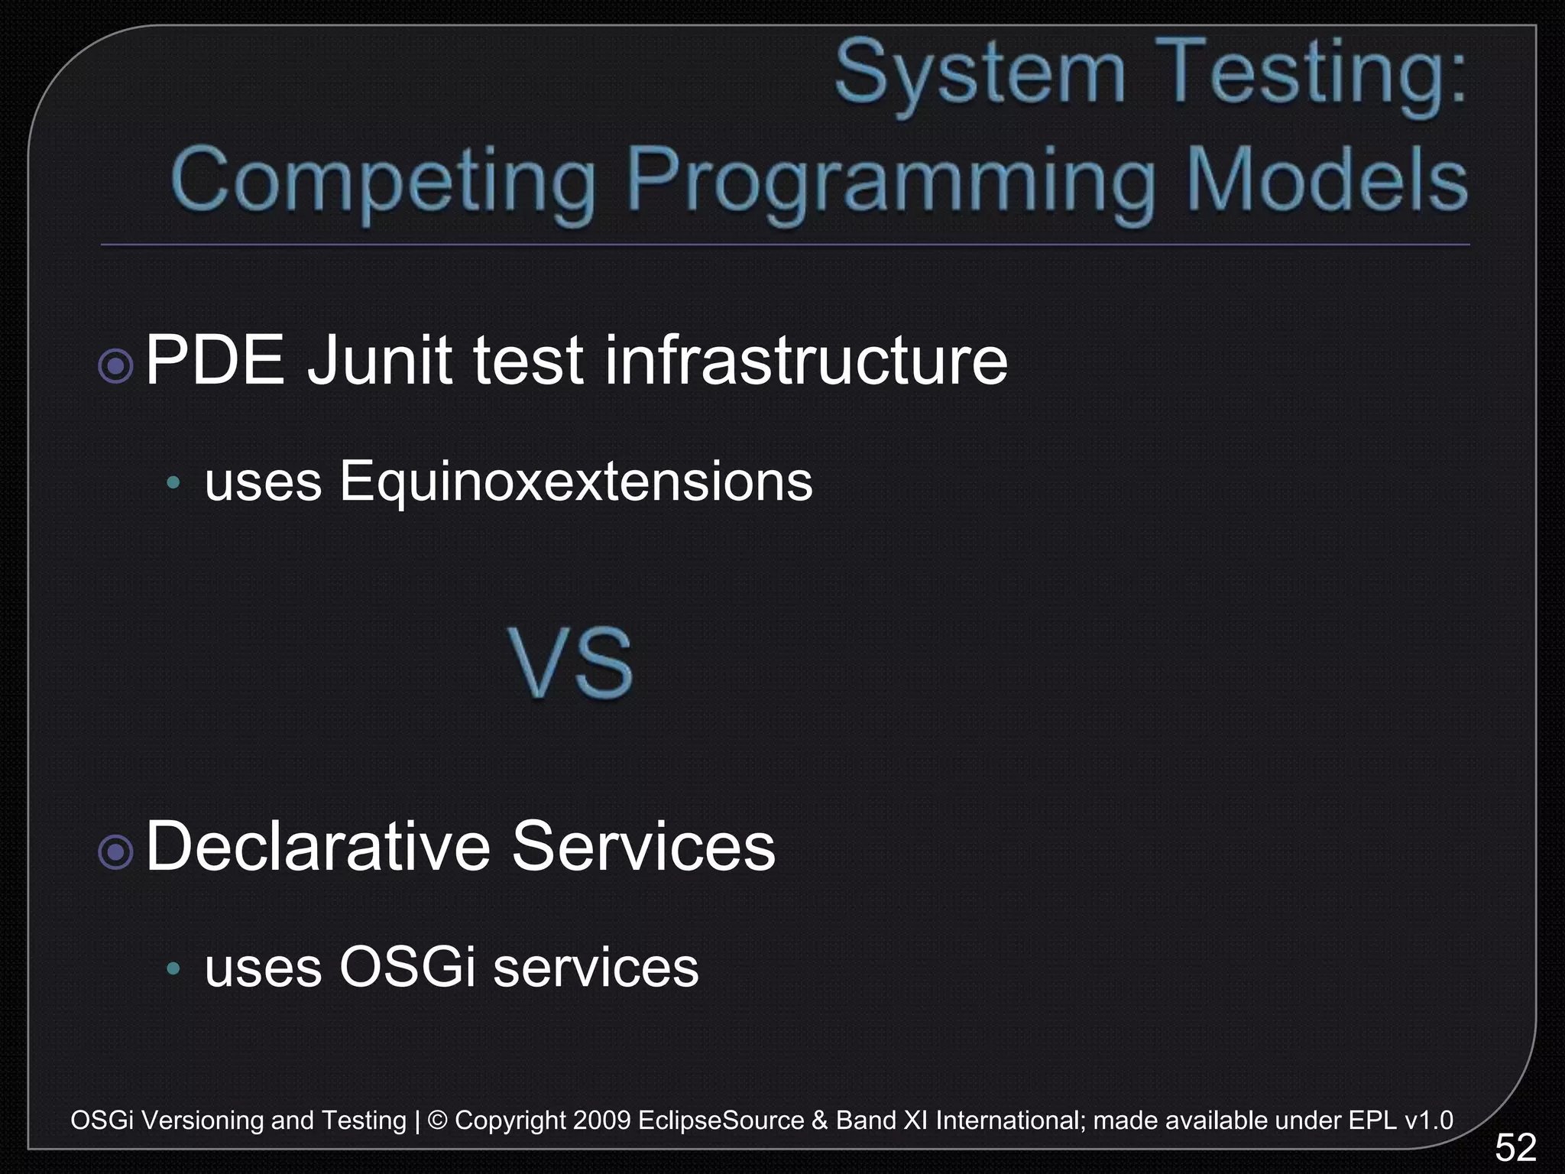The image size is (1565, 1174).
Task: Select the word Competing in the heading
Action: (x=383, y=182)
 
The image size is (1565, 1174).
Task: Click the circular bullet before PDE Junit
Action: (x=116, y=366)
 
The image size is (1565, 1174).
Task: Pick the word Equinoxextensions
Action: (x=576, y=482)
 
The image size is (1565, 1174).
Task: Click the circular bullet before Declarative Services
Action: (x=116, y=851)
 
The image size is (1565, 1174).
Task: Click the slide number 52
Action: (x=1515, y=1147)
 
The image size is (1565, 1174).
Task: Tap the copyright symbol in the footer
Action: (x=437, y=1120)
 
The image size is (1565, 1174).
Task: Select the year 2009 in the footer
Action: (x=601, y=1120)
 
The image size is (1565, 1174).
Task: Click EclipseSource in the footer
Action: (x=721, y=1120)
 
